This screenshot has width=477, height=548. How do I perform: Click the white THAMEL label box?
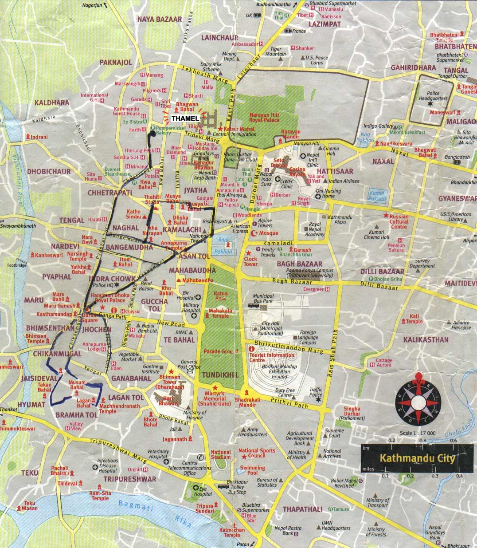[x=185, y=118]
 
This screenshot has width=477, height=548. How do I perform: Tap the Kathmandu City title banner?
[x=417, y=457]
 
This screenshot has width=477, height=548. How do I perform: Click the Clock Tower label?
[x=250, y=261]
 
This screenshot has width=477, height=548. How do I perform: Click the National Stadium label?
[x=221, y=454]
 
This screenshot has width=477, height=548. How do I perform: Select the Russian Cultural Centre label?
[x=399, y=221]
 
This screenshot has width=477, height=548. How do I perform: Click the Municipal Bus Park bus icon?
[x=254, y=305]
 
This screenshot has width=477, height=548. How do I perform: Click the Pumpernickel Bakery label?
[x=163, y=130]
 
